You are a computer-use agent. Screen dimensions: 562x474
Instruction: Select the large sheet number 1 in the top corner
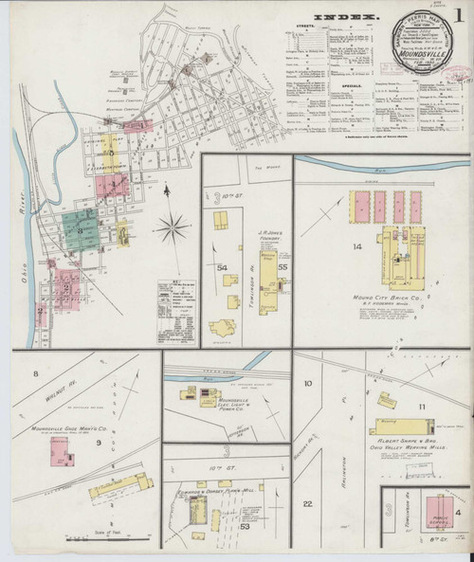pos(458,16)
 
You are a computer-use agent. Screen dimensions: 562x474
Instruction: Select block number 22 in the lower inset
pos(308,502)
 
